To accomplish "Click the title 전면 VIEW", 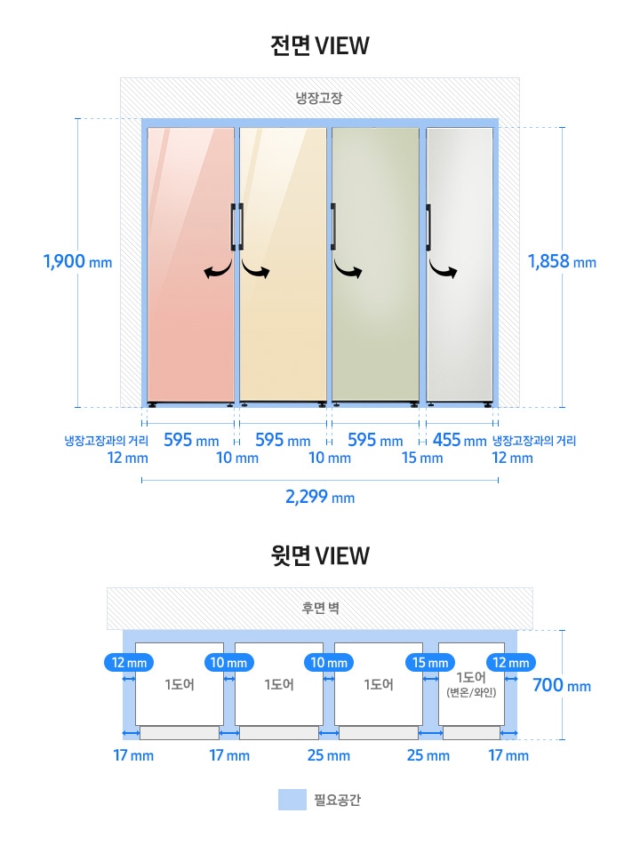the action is [319, 45].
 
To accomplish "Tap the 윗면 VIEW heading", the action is [319, 555].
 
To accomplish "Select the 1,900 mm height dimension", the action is [78, 261].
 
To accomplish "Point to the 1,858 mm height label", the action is [562, 261].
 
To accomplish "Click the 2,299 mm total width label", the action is [320, 497].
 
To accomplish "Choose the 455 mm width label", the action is [460, 440].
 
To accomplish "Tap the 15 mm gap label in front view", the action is [422, 458].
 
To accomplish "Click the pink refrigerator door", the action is [191, 265].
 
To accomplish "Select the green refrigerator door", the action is [375, 265].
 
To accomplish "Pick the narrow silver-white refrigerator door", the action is [460, 265].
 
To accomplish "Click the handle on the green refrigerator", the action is [333, 227].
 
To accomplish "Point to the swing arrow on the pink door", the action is [219, 268].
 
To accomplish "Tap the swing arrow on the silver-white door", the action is [443, 268].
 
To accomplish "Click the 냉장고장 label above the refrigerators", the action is [319, 98].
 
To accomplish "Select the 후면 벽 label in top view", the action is [321, 608].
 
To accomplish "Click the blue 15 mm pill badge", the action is [430, 663].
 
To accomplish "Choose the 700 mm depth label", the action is [562, 685].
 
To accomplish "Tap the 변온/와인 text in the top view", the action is [471, 692].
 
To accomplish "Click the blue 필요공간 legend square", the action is [292, 800].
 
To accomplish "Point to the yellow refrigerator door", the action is [283, 265].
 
